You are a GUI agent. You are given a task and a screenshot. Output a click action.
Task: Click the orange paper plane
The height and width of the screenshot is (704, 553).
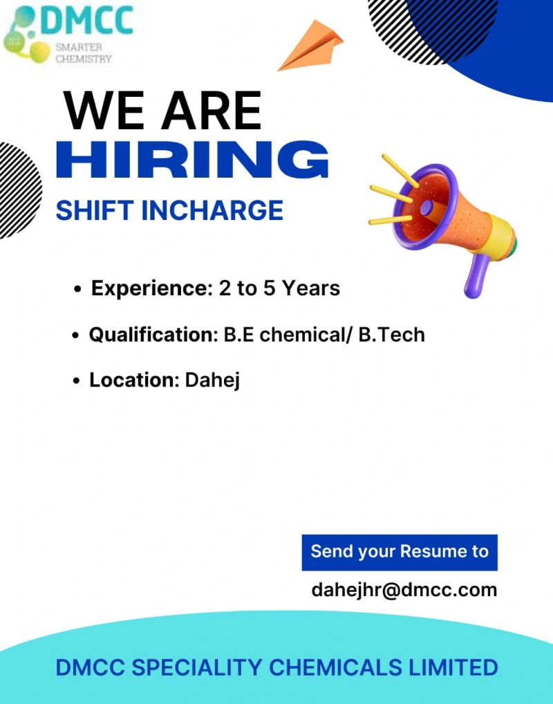click(x=311, y=47)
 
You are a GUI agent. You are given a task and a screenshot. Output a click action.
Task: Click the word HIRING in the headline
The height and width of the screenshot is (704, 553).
click(x=193, y=160)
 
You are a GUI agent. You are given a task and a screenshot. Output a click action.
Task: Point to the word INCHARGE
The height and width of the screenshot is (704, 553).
click(x=212, y=210)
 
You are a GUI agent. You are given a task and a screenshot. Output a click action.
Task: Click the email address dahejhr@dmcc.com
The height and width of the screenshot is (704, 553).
click(x=404, y=590)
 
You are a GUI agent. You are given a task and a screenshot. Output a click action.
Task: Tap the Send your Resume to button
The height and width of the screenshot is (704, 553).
click(x=400, y=553)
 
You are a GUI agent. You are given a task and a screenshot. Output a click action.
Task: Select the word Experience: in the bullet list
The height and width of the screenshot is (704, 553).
click(x=151, y=288)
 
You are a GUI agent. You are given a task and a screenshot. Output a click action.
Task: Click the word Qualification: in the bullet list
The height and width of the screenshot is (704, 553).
click(x=153, y=335)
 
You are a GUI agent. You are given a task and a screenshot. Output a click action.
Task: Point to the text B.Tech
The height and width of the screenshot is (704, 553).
click(x=391, y=335)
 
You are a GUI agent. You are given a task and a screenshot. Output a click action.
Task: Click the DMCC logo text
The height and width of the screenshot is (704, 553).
click(x=88, y=20)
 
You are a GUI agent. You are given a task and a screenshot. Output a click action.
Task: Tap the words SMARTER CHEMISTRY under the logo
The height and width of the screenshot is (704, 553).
click(x=84, y=53)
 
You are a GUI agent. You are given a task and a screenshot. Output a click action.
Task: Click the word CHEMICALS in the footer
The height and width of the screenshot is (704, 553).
click(x=335, y=667)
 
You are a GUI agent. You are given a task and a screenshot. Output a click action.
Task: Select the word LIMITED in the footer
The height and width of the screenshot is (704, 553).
click(x=453, y=667)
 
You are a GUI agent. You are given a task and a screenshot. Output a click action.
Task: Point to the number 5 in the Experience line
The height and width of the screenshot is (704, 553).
click(x=269, y=288)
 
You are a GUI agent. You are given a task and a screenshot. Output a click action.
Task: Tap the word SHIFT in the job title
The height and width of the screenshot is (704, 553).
click(x=95, y=210)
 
